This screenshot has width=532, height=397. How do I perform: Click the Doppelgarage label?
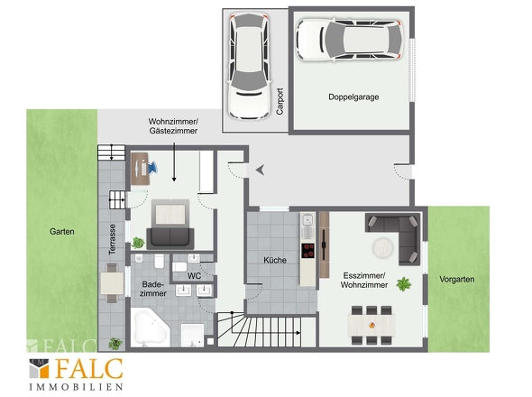[x=353, y=97]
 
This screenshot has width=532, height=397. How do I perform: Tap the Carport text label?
[x=280, y=101]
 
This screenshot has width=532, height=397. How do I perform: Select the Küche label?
[x=275, y=260]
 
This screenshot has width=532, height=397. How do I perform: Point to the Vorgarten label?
[x=456, y=280]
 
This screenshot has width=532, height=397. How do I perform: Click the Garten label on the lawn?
[x=61, y=232]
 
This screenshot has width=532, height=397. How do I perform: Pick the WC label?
[x=194, y=276]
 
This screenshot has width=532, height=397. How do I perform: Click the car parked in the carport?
[x=250, y=66]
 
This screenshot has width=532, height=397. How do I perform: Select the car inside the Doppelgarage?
[x=350, y=40]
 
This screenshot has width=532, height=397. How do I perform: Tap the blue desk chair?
[x=152, y=167]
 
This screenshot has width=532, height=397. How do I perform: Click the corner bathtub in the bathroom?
[x=150, y=328]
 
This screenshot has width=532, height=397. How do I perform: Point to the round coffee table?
[x=383, y=248]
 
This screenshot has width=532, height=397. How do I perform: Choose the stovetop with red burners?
[x=308, y=251]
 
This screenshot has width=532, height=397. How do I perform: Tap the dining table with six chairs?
[x=371, y=325]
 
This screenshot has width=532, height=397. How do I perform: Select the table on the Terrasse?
[x=112, y=283]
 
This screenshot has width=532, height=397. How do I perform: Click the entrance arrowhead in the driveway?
[x=261, y=170]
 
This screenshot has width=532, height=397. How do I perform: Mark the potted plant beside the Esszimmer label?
[x=403, y=284]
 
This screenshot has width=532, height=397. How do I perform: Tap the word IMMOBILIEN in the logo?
[x=76, y=387]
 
